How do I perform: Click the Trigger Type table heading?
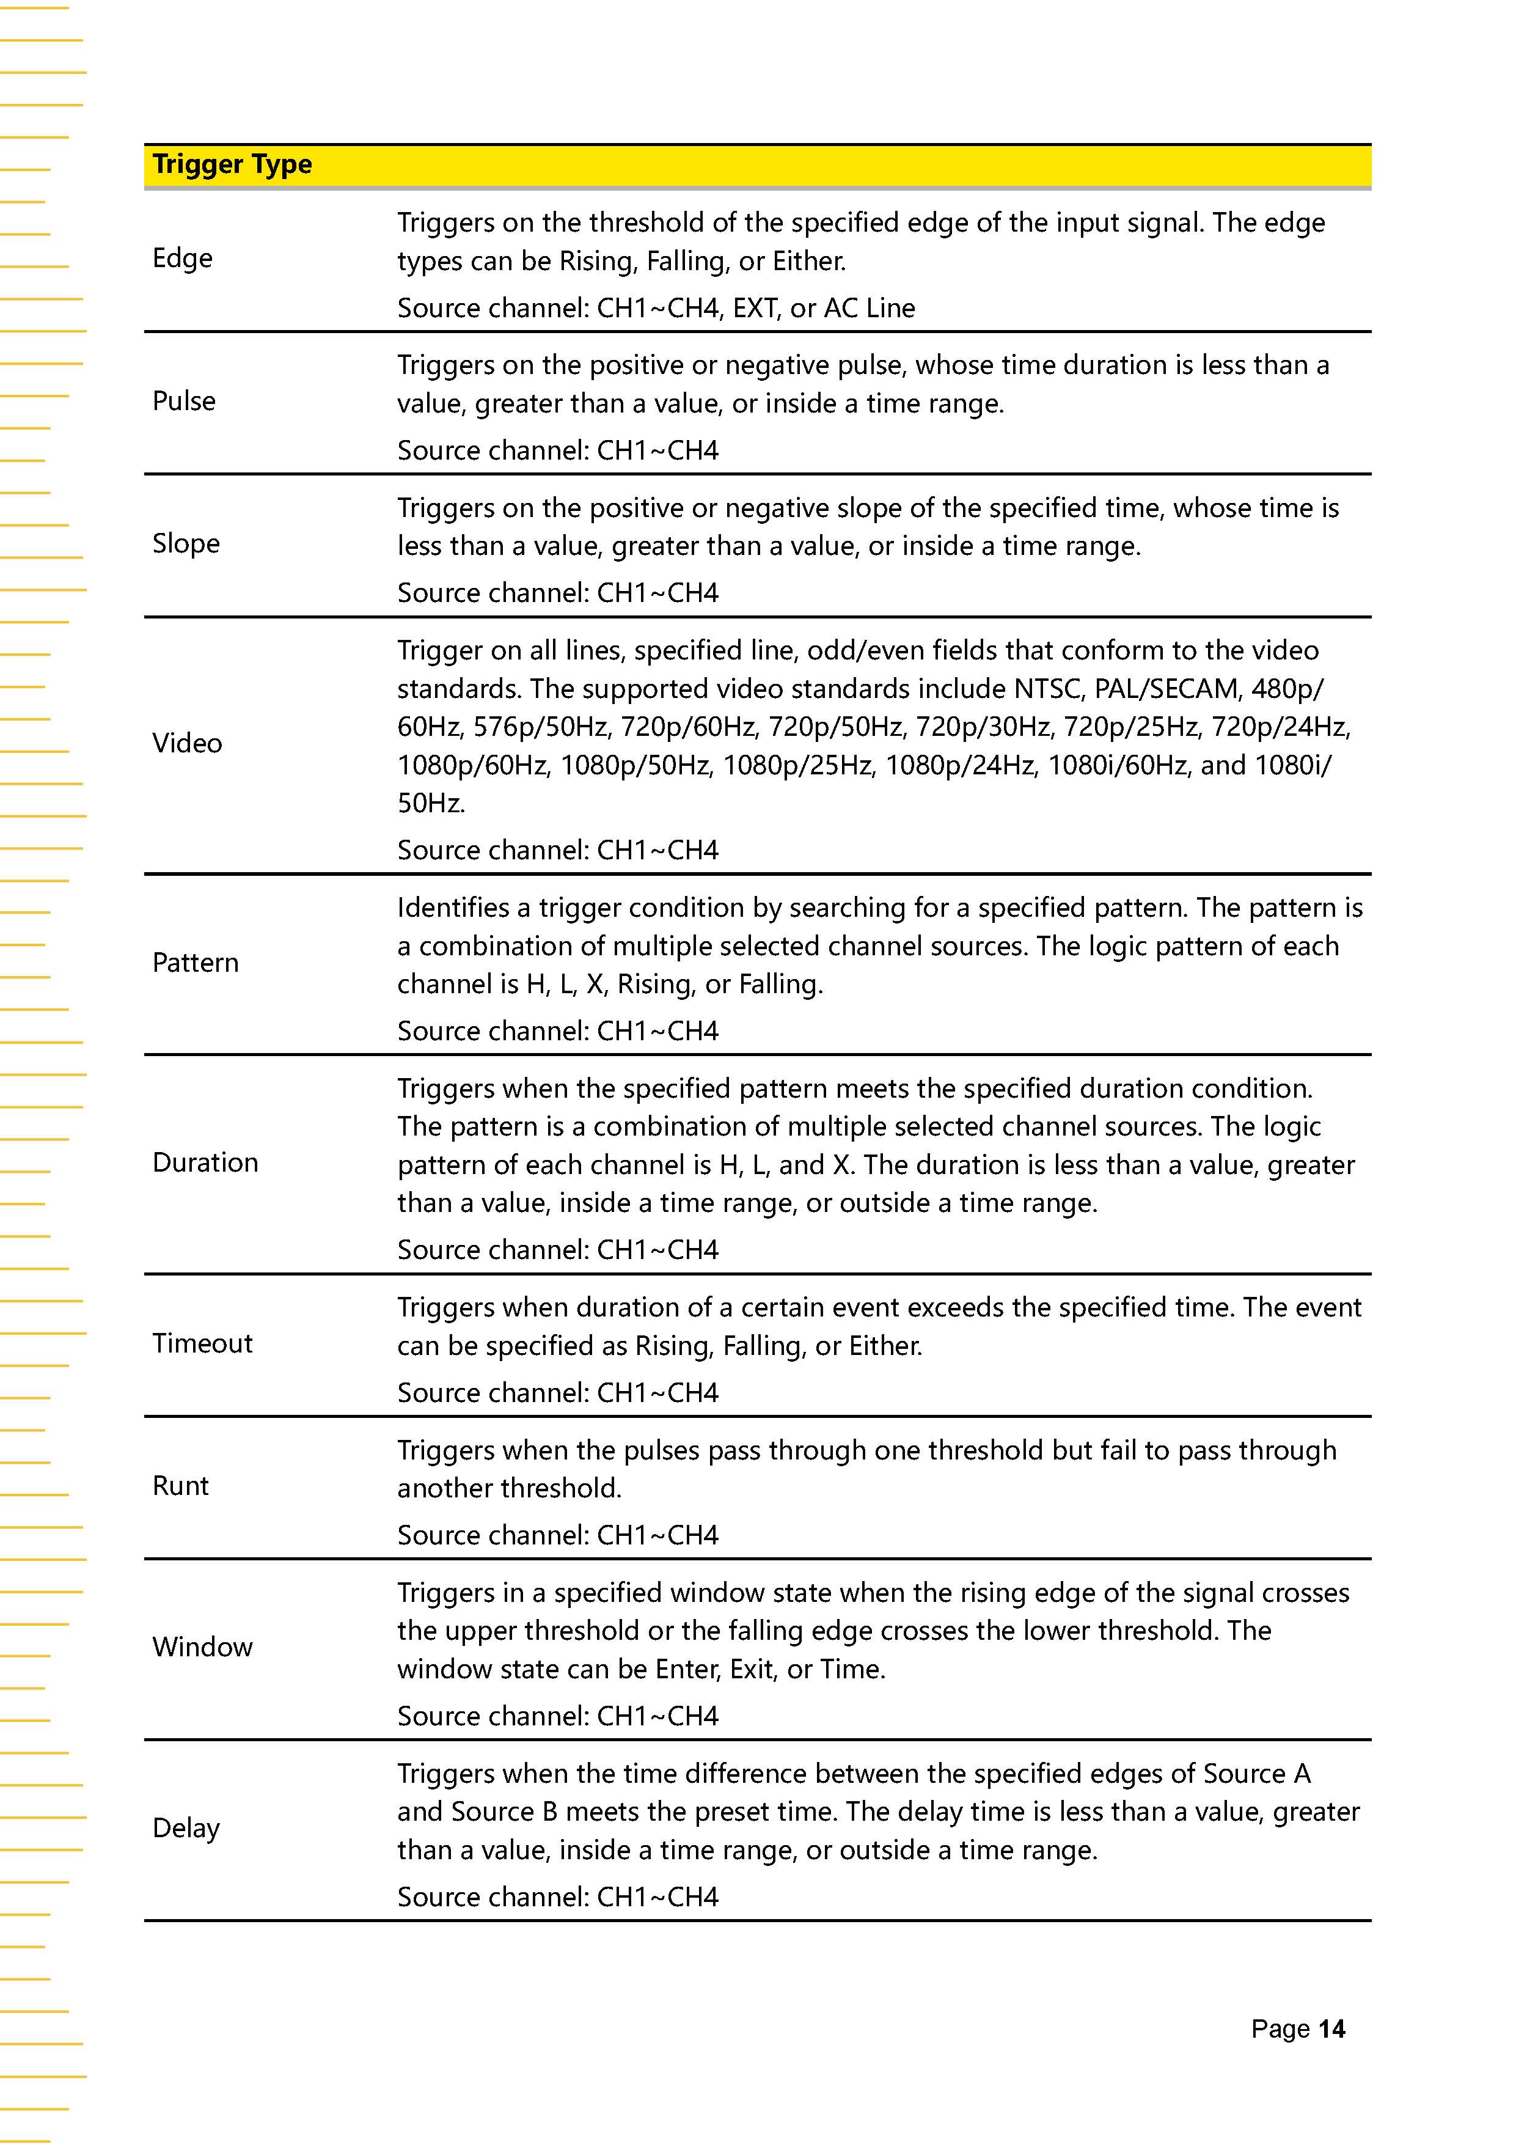pos(232,165)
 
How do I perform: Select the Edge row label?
pos(182,259)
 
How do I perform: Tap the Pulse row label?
pos(184,402)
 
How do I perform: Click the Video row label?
pos(187,743)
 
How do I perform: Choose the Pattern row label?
pos(195,963)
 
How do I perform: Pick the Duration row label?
pos(205,1162)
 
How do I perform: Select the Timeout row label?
pos(203,1344)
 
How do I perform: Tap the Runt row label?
pos(180,1486)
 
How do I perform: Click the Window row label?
pos(203,1647)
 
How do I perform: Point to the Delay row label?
pos(186,1829)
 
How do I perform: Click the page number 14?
pos(1331,2028)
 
